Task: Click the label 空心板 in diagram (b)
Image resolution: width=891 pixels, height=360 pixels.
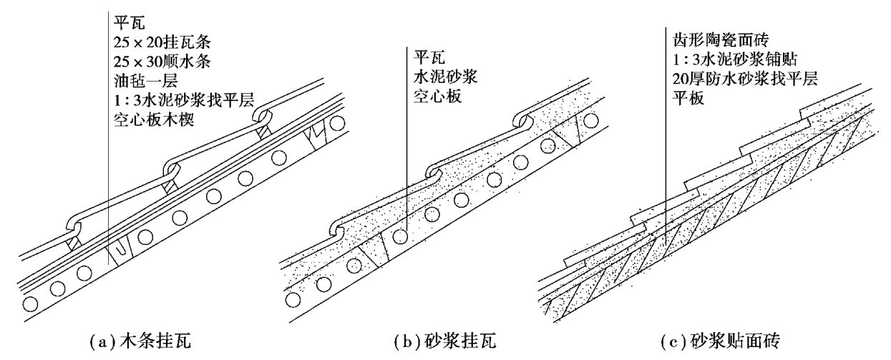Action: (432, 92)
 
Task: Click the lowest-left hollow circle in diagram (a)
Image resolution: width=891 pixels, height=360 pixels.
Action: (31, 303)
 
